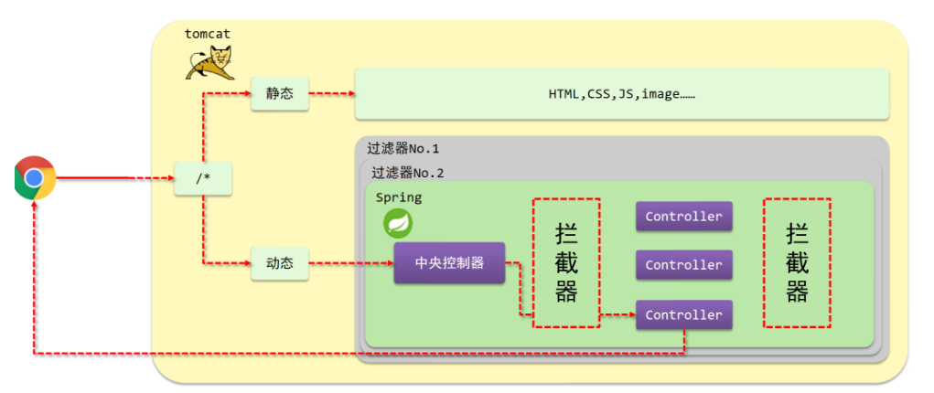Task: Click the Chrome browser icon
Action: pyautogui.click(x=35, y=177)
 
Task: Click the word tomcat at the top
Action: pyautogui.click(x=208, y=33)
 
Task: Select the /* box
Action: pyautogui.click(x=203, y=178)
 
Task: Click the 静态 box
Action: pyautogui.click(x=280, y=93)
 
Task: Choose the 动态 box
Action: pyautogui.click(x=280, y=264)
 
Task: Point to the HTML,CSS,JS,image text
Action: pyautogui.click(x=621, y=94)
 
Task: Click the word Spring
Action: pyautogui.click(x=398, y=196)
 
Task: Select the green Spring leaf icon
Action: pyautogui.click(x=397, y=223)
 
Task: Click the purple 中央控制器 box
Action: pyautogui.click(x=449, y=264)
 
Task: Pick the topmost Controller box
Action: pyautogui.click(x=683, y=217)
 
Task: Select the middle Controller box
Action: pyautogui.click(x=683, y=265)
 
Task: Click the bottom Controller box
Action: pyautogui.click(x=683, y=314)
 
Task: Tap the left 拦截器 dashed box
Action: pyautogui.click(x=566, y=262)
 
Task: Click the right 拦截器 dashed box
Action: pyautogui.click(x=797, y=262)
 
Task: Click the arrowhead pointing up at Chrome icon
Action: pyautogui.click(x=35, y=206)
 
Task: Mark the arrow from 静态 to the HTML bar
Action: pyautogui.click(x=331, y=93)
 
